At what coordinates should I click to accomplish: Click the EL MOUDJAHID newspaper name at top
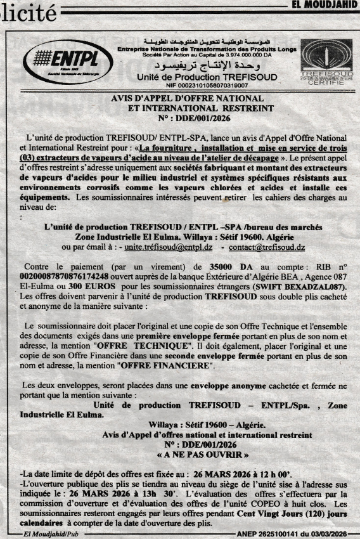click(325, 4)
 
